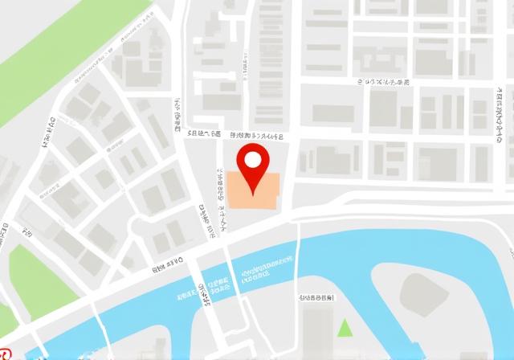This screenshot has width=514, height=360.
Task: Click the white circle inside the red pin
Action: tap(253, 159)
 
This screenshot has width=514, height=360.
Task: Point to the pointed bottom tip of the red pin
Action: tap(253, 195)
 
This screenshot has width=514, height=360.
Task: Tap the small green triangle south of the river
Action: tap(345, 327)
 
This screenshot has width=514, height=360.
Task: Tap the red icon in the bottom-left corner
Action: tap(4, 354)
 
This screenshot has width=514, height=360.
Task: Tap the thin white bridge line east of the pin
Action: tap(298, 257)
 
